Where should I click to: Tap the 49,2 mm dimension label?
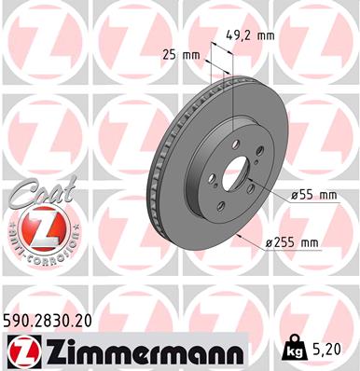[248, 36]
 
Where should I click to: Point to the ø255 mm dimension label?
[292, 243]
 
